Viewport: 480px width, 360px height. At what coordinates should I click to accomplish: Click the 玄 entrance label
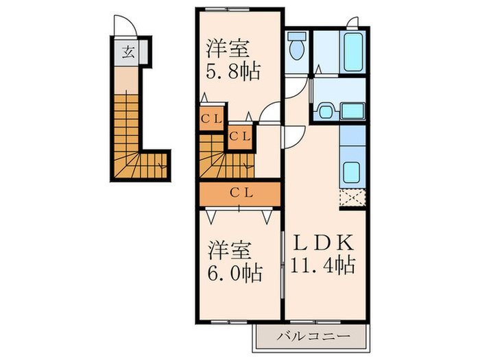[128, 51]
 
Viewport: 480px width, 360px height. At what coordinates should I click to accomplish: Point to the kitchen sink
[352, 171]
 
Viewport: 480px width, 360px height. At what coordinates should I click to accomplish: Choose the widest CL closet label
[240, 193]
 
